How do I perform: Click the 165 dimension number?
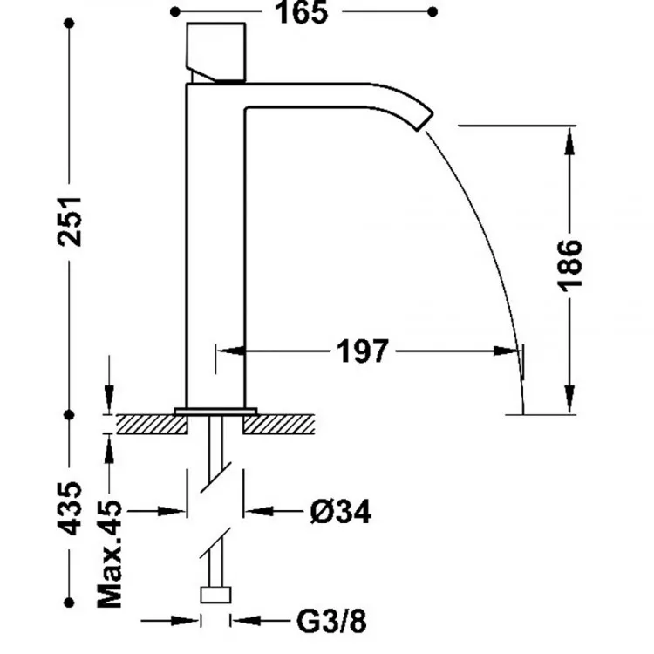[301, 12]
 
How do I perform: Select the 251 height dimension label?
[70, 221]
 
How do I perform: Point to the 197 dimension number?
[362, 351]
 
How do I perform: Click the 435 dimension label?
[70, 508]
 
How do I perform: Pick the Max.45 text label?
[109, 554]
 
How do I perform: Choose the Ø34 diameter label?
[341, 511]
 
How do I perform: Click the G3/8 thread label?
[331, 621]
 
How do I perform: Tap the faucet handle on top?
[215, 52]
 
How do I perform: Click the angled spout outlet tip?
[425, 121]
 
